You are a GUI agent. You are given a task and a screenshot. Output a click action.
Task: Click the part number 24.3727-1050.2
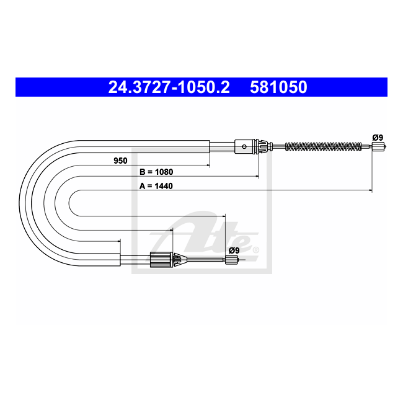point(169,87)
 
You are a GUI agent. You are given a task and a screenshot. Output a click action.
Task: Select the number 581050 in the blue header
point(278,87)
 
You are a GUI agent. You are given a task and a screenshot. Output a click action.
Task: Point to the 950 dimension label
point(120,161)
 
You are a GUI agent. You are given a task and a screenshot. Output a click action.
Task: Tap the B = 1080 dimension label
point(156,172)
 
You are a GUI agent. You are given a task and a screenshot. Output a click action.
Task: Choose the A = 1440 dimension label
point(156,185)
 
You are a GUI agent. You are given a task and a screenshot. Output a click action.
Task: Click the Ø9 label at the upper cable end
point(377,137)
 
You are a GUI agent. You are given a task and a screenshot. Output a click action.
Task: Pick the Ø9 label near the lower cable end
point(234,250)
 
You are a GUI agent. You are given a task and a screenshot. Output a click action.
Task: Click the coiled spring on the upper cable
point(322,147)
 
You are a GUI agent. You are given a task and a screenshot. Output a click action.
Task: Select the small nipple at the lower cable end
point(231,260)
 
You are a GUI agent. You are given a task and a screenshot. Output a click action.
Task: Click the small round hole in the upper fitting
point(246,147)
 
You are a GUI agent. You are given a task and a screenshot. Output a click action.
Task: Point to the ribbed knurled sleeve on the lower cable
point(160,260)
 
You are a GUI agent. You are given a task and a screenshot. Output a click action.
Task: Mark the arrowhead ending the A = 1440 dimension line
point(370,190)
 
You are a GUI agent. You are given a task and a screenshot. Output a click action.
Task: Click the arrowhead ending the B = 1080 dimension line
point(257,177)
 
